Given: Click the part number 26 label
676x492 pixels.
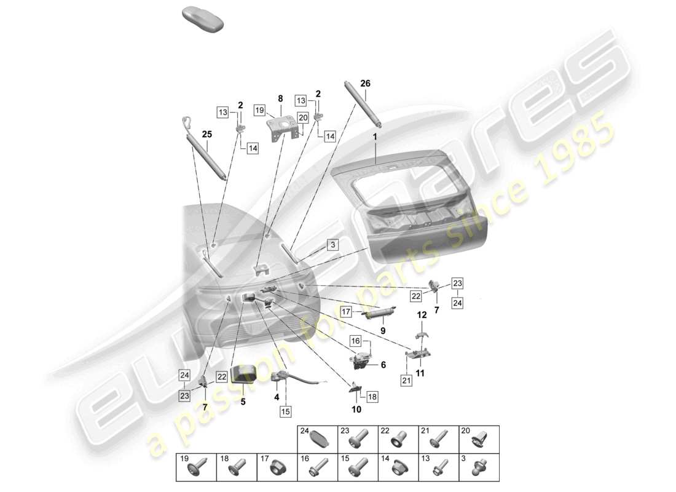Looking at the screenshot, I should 365,83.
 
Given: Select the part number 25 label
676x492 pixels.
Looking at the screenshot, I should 206,133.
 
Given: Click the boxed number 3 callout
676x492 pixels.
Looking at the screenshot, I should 332,245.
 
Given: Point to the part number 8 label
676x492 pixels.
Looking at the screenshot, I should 280,98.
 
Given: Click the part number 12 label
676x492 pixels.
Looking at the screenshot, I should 422,315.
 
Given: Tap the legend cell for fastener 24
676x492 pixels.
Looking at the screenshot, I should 317,439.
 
